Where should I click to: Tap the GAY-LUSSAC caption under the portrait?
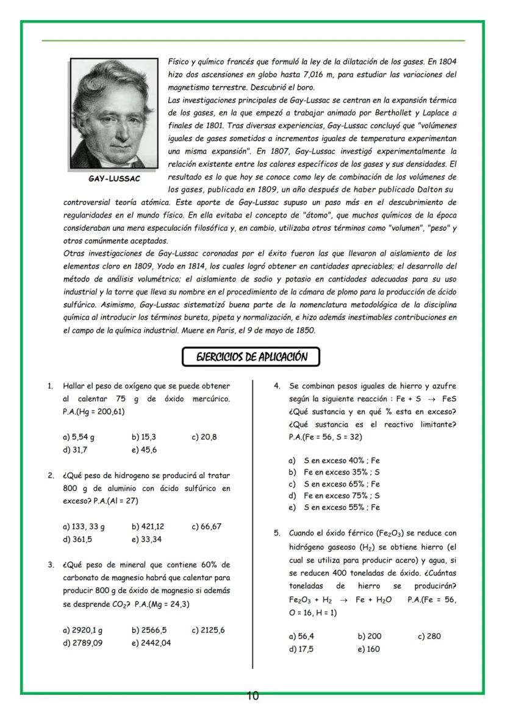pyautogui.click(x=114, y=179)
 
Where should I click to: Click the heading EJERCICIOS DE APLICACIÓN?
pyautogui.click(x=251, y=357)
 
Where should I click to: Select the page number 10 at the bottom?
pyautogui.click(x=253, y=696)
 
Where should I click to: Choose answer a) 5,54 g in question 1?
pyautogui.click(x=79, y=437)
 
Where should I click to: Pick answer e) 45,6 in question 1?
pyautogui.click(x=144, y=450)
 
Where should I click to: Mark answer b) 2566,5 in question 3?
pyautogui.click(x=149, y=630)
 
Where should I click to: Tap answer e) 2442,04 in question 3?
pyautogui.click(x=151, y=642)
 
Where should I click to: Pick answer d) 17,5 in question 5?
pyautogui.click(x=301, y=649)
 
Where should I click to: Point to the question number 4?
pyautogui.click(x=276, y=386)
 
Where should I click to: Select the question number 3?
pyautogui.click(x=51, y=564)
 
